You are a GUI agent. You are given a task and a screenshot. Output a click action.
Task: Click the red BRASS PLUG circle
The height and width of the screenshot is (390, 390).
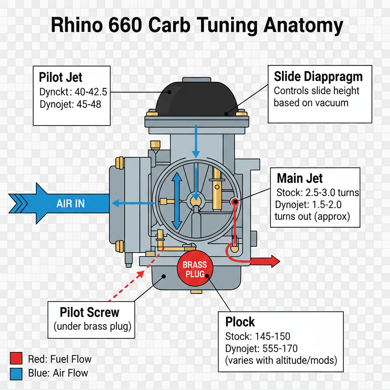(x=195, y=269)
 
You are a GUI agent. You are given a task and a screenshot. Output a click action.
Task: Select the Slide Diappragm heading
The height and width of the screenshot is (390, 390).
(x=318, y=77)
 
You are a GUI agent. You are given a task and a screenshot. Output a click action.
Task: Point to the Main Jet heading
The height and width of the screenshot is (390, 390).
(x=300, y=178)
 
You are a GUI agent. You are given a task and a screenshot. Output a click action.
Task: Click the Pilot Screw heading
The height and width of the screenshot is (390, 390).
(x=90, y=313)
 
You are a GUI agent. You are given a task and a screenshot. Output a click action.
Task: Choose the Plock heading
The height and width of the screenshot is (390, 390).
(x=240, y=322)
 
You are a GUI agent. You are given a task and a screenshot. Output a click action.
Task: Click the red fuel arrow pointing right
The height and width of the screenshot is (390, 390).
(x=267, y=261)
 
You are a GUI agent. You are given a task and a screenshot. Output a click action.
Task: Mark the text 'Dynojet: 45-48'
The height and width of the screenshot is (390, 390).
(x=70, y=104)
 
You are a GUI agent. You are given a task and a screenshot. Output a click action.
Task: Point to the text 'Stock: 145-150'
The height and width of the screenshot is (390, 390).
(x=257, y=336)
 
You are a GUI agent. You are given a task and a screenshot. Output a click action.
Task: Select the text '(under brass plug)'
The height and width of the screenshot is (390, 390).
(x=91, y=327)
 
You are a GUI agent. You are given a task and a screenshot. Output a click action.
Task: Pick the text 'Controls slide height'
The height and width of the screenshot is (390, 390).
(x=316, y=91)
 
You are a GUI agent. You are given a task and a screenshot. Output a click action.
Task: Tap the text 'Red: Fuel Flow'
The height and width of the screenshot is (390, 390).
(x=60, y=359)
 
